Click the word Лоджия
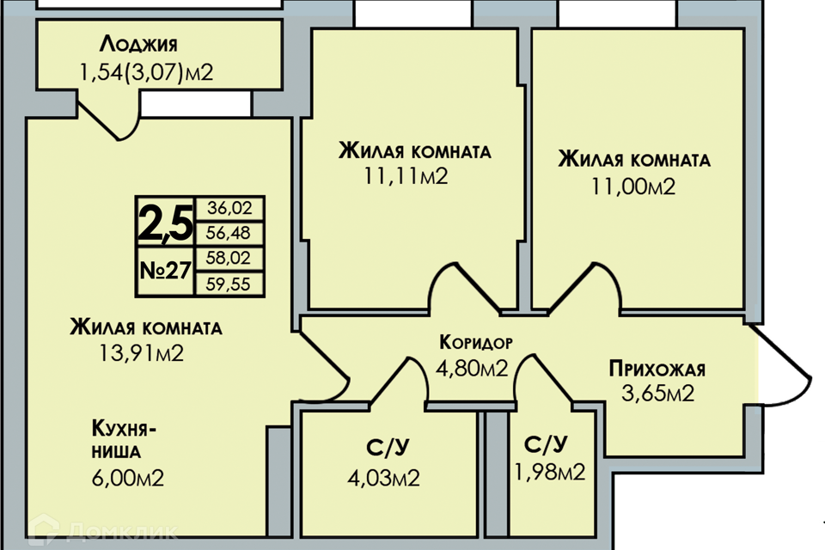(138, 45)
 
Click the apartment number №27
(165, 271)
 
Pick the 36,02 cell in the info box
(229, 208)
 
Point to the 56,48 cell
(229, 233)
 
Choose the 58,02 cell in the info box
(229, 258)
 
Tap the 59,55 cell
(229, 284)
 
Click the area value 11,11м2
(406, 176)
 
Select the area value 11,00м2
(633, 186)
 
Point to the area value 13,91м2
(142, 353)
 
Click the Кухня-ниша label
(124, 440)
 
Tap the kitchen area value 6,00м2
(128, 478)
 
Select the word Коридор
(475, 343)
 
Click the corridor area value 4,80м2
(472, 368)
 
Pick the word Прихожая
(657, 369)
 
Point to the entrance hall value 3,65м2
(657, 393)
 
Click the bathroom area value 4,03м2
(383, 479)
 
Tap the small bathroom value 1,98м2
(549, 472)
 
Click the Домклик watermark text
(122, 531)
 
